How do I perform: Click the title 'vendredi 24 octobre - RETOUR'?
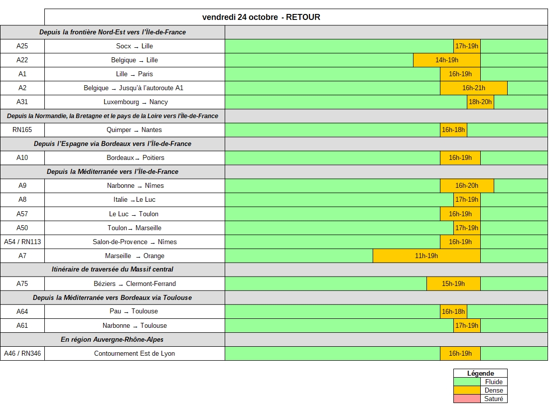(261, 17)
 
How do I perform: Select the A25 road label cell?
(22, 46)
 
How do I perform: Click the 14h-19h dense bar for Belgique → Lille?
(447, 60)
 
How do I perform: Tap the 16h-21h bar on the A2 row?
(473, 88)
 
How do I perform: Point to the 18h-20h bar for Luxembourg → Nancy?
(480, 102)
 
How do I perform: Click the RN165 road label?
(22, 130)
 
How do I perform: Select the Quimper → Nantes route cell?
(134, 130)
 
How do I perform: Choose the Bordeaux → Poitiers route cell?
(135, 158)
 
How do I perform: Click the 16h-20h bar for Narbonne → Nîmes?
(467, 186)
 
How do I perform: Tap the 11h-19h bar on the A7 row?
(426, 256)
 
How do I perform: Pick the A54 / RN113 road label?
(22, 242)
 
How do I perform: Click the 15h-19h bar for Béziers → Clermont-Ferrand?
(453, 284)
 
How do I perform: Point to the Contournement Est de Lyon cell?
(135, 354)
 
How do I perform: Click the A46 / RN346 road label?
(22, 354)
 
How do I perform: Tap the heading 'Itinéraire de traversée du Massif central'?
(113, 270)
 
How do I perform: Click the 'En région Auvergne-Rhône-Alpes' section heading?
(112, 340)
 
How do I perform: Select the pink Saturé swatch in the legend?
(467, 399)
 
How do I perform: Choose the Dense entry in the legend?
(493, 391)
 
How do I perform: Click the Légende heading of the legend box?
(480, 373)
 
